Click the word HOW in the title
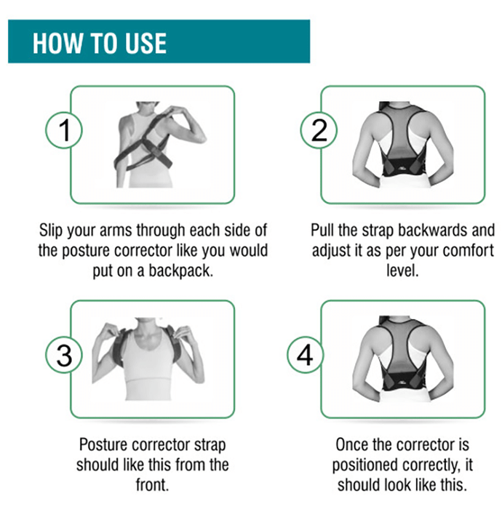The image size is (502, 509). [57, 43]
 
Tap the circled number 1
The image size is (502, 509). [64, 130]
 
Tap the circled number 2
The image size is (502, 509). [319, 130]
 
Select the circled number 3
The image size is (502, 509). [64, 355]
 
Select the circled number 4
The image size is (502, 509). [306, 355]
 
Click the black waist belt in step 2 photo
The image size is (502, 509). [406, 167]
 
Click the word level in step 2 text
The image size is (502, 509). [402, 270]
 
